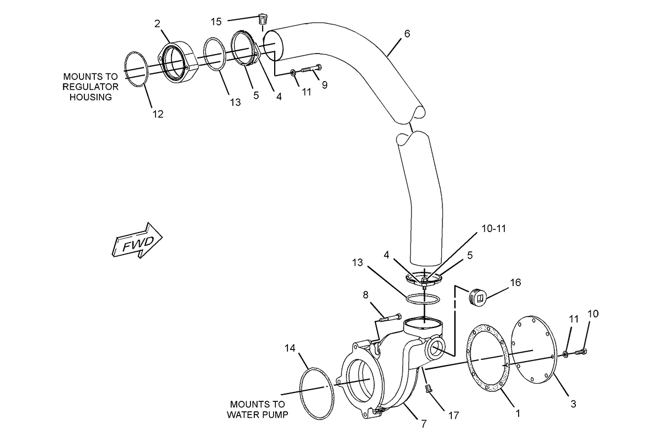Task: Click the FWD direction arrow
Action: click(137, 241)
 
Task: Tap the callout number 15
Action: click(216, 22)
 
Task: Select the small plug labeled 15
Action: click(261, 19)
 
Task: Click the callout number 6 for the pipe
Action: click(407, 34)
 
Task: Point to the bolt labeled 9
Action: click(311, 68)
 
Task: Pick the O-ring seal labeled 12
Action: click(136, 69)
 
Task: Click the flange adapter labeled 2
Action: click(177, 63)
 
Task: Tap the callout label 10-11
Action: click(494, 229)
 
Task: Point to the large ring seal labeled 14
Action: click(317, 393)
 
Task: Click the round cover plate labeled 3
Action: click(534, 349)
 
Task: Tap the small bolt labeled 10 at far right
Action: click(581, 352)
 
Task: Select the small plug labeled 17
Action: click(428, 389)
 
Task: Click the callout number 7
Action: click(424, 424)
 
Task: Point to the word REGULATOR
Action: click(90, 87)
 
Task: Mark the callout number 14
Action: click(290, 348)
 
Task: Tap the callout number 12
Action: click(158, 114)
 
